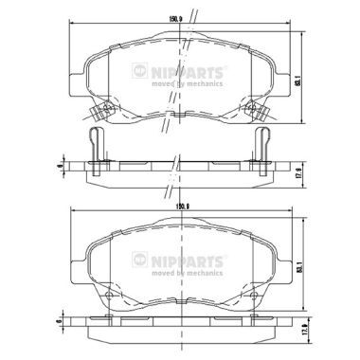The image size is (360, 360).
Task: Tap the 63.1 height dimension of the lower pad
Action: [300, 271]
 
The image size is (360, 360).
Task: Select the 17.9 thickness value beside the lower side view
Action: [300, 333]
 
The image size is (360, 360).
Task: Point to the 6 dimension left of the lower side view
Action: [59, 327]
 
